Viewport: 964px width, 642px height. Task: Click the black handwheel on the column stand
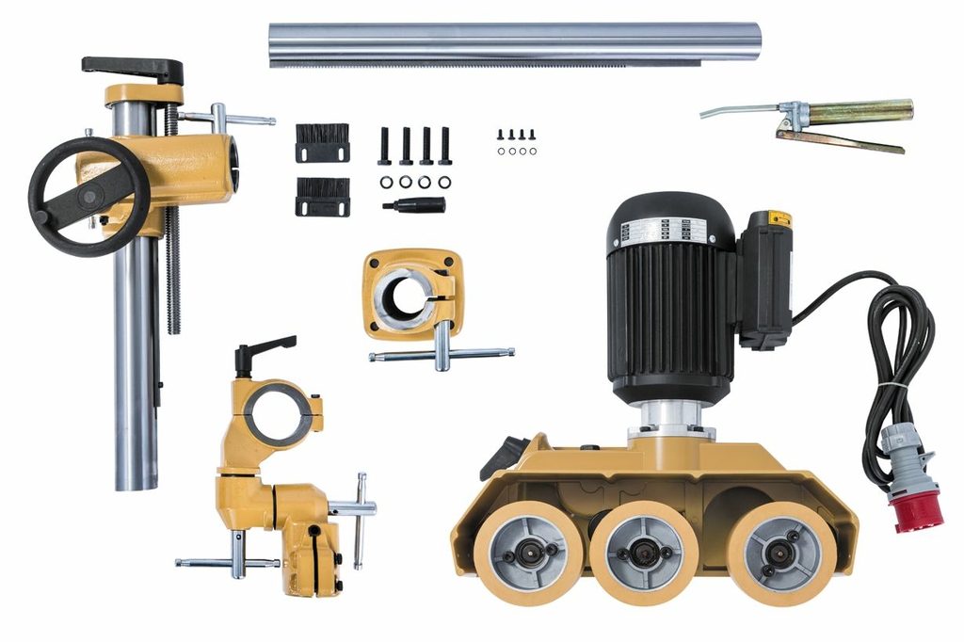pyautogui.click(x=88, y=197)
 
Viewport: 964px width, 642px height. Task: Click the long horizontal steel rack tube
pyautogui.click(x=513, y=41)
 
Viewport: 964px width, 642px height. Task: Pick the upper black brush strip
pyautogui.click(x=322, y=142)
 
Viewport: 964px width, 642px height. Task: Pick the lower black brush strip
pyautogui.click(x=322, y=196)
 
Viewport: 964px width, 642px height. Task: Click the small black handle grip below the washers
pyautogui.click(x=415, y=205)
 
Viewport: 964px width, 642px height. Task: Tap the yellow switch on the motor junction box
pyautogui.click(x=779, y=219)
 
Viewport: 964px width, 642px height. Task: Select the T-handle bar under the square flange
pyautogui.click(x=442, y=353)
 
